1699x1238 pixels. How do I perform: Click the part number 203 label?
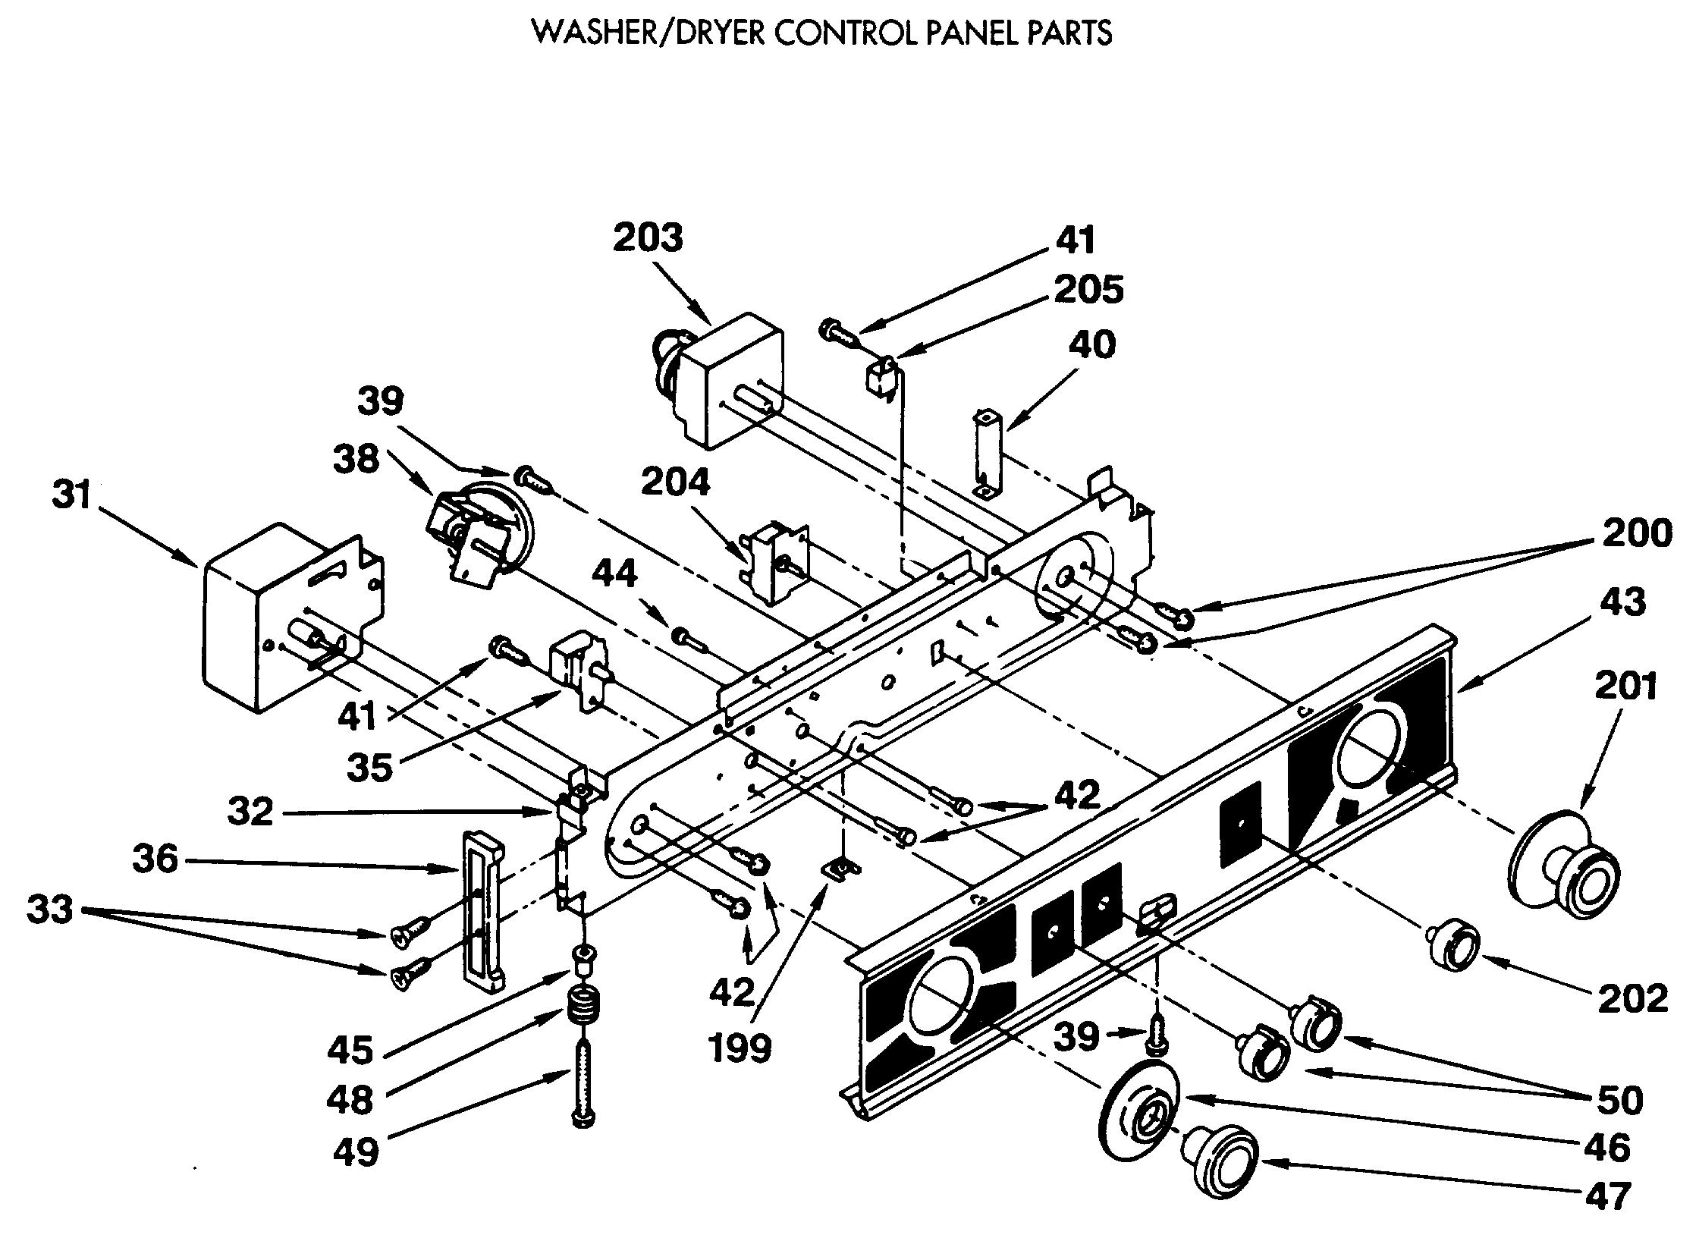coord(648,238)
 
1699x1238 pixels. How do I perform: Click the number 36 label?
coord(155,860)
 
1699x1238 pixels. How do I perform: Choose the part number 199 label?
coord(740,1048)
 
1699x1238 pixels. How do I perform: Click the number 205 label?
coord(1088,291)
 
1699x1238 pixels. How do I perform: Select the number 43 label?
coord(1623,602)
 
